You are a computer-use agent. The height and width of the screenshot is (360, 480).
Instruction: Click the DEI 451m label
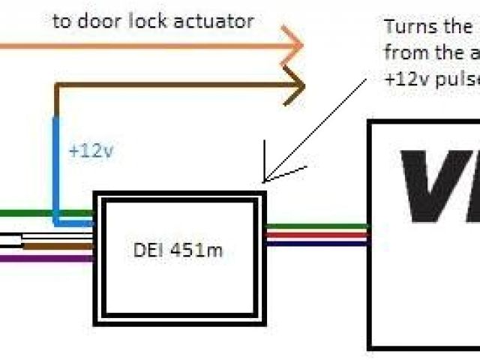click(183, 250)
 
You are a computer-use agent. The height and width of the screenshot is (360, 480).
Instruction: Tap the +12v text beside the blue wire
click(91, 151)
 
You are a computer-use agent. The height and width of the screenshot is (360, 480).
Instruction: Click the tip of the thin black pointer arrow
click(264, 180)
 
